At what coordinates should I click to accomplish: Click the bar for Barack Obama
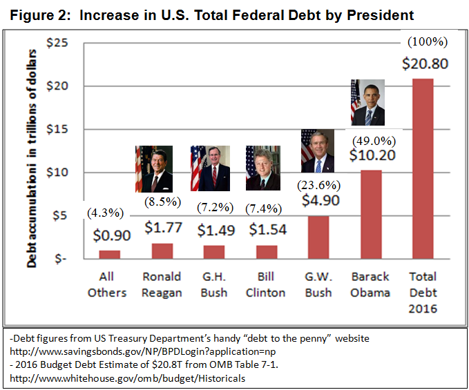[x=372, y=214]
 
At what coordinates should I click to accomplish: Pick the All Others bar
[x=109, y=254]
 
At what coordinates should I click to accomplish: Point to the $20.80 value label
[x=425, y=64]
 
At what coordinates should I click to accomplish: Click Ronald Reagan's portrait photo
[x=153, y=168]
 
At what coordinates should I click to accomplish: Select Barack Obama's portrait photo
[x=367, y=102]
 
